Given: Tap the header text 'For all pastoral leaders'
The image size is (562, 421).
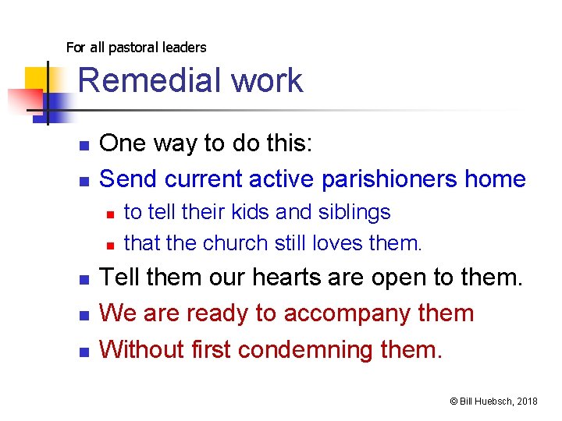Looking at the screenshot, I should (136, 48).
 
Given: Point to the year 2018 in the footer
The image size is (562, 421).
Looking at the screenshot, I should (526, 401).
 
